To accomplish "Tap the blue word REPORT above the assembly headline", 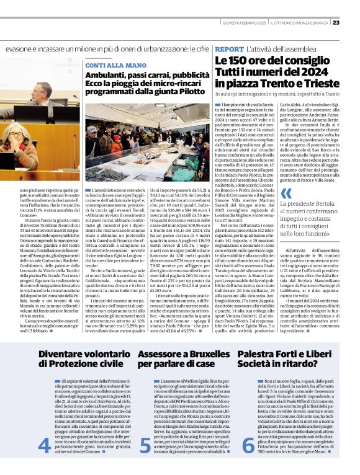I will click(x=229, y=48).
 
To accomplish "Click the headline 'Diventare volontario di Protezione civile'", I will click(x=81, y=358).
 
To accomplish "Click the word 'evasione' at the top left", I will click(x=21, y=48).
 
